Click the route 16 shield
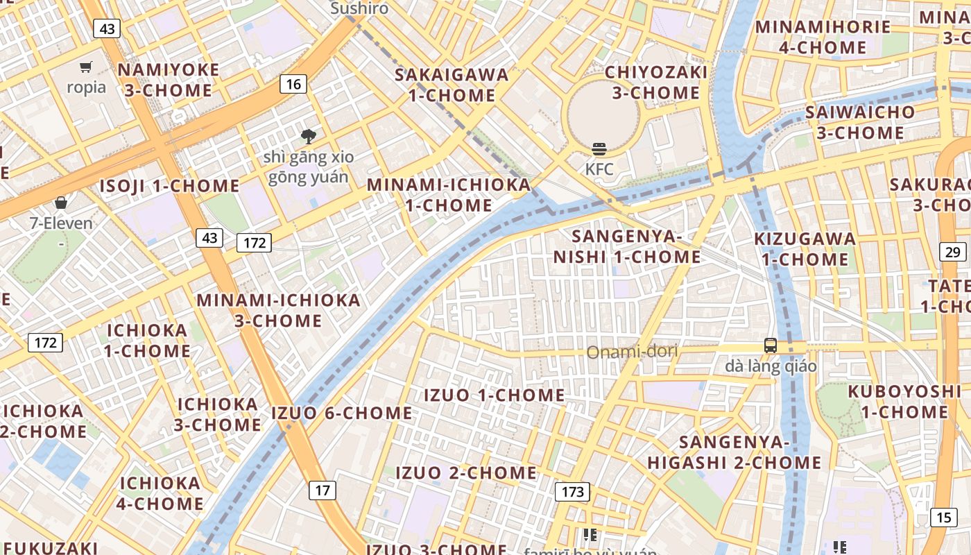click(293, 85)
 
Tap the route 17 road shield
click(323, 490)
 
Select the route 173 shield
click(572, 492)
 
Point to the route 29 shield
click(953, 252)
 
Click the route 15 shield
click(943, 517)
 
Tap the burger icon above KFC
click(599, 148)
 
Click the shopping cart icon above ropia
click(86, 67)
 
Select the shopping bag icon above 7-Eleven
click(61, 203)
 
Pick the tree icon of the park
click(308, 137)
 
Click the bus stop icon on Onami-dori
click(771, 345)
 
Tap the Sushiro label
click(359, 8)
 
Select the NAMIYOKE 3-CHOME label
click(168, 80)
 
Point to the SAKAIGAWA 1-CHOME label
click(452, 85)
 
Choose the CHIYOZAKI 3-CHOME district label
click(656, 82)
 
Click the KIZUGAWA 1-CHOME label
click(805, 249)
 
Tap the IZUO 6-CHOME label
click(342, 413)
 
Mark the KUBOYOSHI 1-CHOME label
click(904, 401)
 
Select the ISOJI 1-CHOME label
click(169, 186)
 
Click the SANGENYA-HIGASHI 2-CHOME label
click(734, 452)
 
